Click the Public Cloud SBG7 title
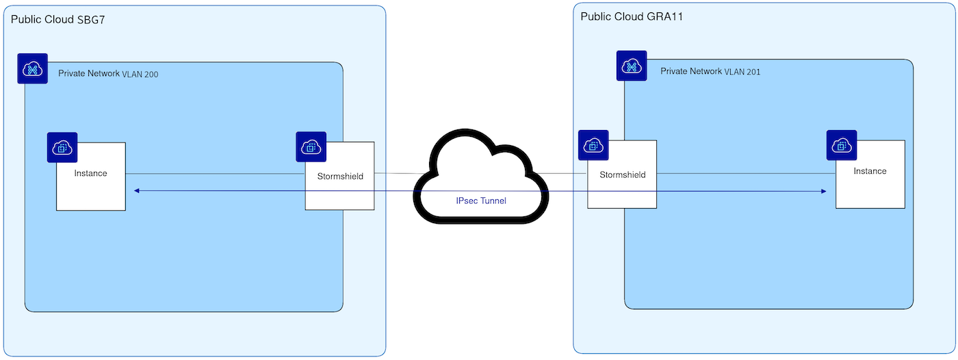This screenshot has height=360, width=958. [57, 19]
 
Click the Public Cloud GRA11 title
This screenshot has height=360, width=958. [632, 16]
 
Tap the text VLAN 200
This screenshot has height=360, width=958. [140, 75]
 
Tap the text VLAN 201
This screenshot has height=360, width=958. [742, 72]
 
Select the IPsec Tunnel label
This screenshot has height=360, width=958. [481, 201]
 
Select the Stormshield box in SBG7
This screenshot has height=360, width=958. [340, 188]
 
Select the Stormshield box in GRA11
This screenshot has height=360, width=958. [622, 188]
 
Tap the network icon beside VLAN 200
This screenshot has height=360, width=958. [32, 68]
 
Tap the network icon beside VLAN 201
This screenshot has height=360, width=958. [632, 66]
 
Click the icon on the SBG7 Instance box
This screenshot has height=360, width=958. [62, 147]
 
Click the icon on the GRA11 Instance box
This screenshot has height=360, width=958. [842, 145]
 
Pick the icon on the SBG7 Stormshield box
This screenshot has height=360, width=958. [311, 146]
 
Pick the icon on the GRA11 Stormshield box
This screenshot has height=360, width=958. [593, 145]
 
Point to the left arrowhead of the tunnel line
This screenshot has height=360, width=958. [136, 191]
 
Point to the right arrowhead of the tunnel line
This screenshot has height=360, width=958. [823, 191]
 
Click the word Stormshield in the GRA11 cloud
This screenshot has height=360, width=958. [622, 175]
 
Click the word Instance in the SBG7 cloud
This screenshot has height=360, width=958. [91, 173]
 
